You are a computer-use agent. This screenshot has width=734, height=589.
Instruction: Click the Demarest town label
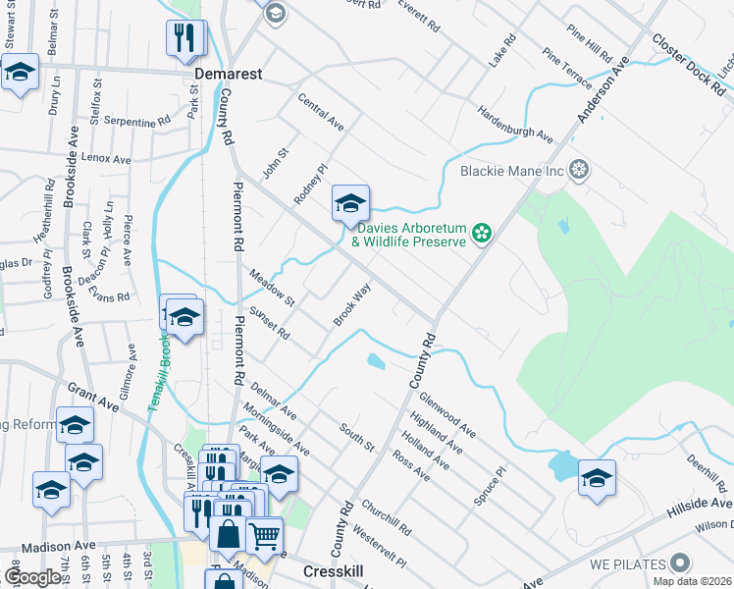point(229,74)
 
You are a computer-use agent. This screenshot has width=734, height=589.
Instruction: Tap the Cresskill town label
point(333,570)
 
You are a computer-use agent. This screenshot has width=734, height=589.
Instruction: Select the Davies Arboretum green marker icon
point(481,233)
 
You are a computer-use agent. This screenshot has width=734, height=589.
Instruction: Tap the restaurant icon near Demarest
point(186,38)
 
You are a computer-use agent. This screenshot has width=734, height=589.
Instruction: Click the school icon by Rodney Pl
point(350,203)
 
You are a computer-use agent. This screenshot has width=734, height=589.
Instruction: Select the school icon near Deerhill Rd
point(597,478)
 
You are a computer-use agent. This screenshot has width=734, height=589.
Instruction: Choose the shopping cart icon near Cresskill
point(263,535)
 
